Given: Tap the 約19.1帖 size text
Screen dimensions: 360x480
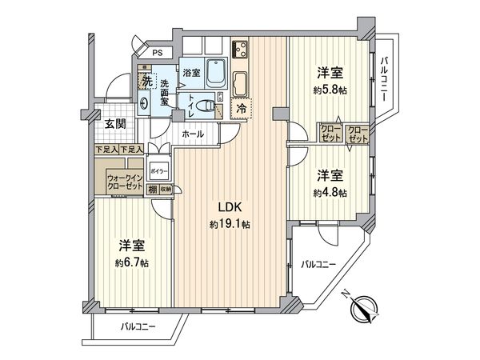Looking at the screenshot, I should (230, 225).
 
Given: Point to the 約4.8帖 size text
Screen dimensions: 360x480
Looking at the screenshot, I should (330, 193).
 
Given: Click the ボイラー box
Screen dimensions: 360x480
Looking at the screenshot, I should (158, 172).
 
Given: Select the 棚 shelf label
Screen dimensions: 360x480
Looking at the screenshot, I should (151, 190).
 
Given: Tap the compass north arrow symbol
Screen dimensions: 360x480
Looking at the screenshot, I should (366, 307).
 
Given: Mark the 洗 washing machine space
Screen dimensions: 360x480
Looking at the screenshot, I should (146, 81).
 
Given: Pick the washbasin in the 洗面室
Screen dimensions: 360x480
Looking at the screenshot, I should (143, 102).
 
